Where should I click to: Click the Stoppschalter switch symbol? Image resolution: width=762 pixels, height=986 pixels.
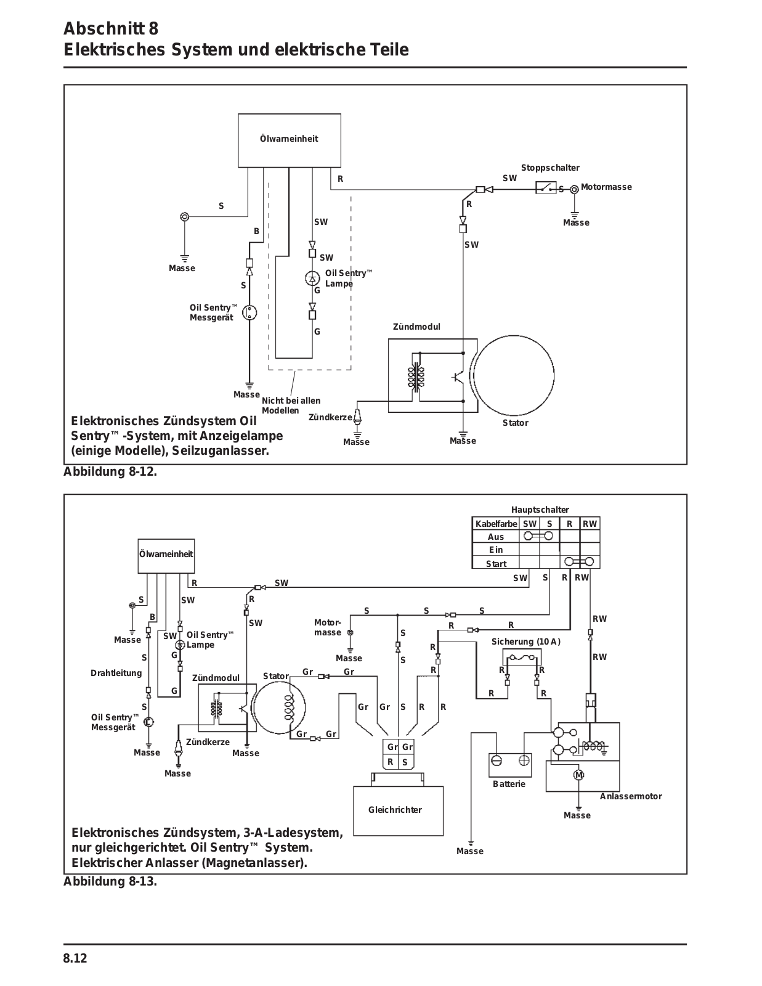546,187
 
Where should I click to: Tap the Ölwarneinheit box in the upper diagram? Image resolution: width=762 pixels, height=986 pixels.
290,141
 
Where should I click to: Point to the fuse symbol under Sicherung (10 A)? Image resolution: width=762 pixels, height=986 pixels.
522,658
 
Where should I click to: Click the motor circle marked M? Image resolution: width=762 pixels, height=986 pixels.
579,775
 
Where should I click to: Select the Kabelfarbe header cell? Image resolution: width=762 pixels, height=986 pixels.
496,524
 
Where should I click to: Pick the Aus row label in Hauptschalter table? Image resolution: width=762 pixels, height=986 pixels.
496,537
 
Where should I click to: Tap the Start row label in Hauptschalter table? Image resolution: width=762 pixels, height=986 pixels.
496,564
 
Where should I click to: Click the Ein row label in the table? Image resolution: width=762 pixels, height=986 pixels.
496,550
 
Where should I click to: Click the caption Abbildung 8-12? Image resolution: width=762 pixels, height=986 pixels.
110,472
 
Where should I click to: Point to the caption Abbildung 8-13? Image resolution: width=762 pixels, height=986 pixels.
110,882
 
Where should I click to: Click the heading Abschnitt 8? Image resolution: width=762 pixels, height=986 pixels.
111,28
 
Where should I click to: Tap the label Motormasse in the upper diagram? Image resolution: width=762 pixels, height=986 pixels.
606,187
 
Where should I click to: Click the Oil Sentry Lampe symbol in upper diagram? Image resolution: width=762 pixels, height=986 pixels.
312,278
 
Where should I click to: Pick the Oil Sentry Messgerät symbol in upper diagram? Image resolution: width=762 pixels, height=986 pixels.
249,312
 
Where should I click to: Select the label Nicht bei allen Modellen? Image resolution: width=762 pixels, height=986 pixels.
291,405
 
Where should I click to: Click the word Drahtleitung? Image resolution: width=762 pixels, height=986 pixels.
116,674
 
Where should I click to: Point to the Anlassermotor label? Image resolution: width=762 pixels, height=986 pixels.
631,796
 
